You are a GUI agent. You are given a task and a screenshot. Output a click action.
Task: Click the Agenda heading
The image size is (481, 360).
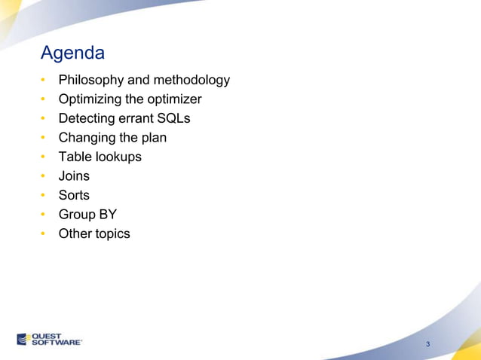(x=72, y=54)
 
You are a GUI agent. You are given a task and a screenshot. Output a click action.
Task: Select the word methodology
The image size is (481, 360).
(x=191, y=80)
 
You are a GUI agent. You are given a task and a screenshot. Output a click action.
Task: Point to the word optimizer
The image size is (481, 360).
(x=176, y=99)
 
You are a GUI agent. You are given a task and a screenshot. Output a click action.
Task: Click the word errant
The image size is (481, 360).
(x=135, y=118)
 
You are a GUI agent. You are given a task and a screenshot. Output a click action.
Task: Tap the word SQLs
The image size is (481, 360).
(x=173, y=118)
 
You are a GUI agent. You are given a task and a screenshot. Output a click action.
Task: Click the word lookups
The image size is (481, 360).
(x=118, y=157)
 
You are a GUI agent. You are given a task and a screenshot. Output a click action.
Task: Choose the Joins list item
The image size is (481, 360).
(x=74, y=176)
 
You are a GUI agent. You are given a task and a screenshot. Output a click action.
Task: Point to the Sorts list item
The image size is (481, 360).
(x=74, y=195)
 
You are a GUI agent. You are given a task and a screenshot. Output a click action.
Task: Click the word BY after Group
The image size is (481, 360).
(x=106, y=215)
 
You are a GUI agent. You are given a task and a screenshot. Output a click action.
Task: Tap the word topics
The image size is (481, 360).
(x=112, y=233)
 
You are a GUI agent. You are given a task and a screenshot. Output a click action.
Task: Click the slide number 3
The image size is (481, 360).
(x=428, y=345)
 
